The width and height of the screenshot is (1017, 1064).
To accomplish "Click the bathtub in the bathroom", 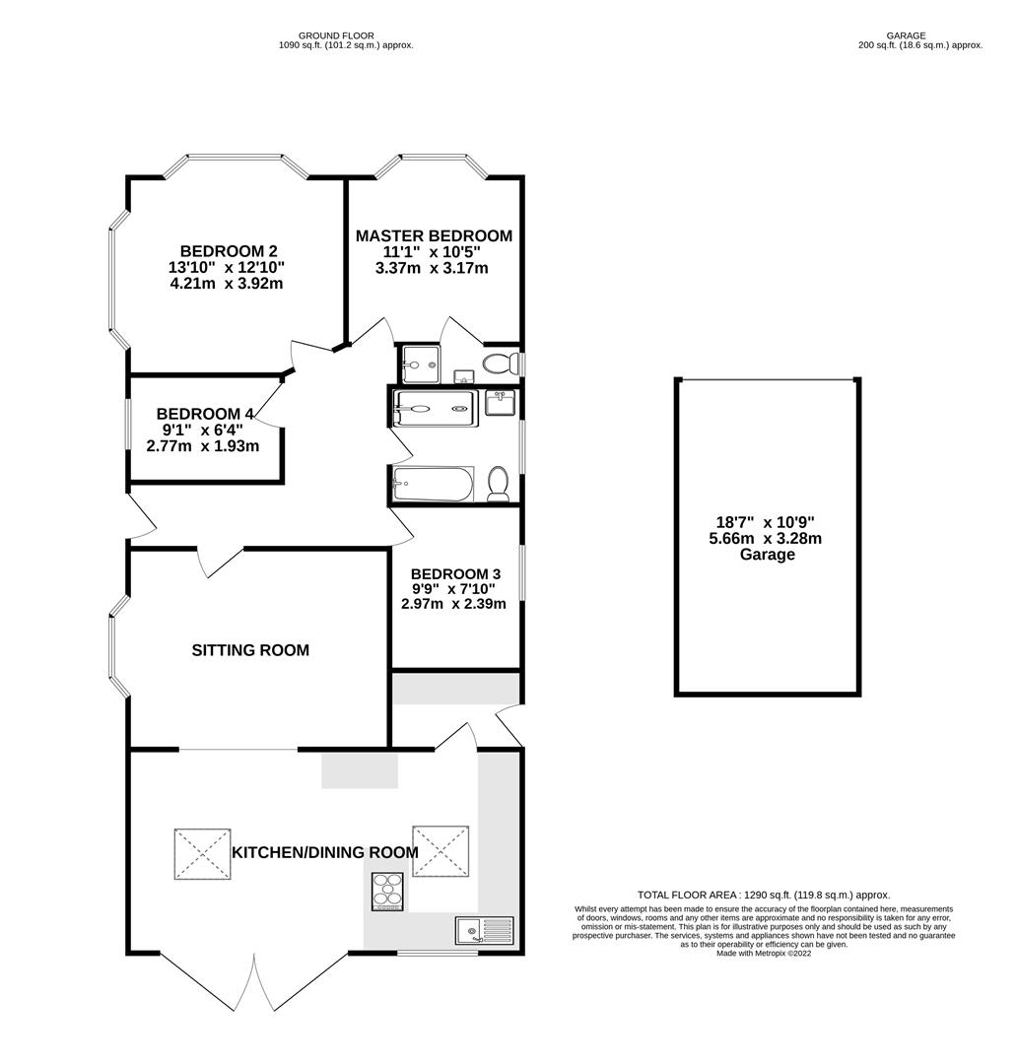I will point(433,484).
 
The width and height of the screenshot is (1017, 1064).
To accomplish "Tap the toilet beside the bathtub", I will point(498,484).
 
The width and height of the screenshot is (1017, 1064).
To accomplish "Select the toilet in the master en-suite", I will point(502,364).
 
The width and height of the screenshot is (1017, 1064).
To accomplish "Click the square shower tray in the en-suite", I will point(420,365).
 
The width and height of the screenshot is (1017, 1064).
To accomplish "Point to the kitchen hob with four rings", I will point(387,891).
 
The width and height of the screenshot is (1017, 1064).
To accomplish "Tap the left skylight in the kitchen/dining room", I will point(202,853).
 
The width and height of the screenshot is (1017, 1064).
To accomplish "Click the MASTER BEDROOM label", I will point(434,236).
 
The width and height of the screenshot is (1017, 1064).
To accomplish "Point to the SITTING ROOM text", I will point(250,650).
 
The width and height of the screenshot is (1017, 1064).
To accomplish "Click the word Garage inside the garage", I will point(768,555).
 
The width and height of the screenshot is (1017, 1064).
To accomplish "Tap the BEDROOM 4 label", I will point(198,414).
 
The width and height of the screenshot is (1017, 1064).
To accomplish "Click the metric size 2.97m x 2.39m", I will point(453,604).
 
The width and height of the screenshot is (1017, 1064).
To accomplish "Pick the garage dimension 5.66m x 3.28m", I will point(768,539).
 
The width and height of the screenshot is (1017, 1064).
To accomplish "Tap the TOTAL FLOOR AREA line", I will point(764,895).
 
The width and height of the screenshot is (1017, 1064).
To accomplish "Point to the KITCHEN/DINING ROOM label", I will point(325,852).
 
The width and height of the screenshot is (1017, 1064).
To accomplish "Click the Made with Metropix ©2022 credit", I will point(764,954).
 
